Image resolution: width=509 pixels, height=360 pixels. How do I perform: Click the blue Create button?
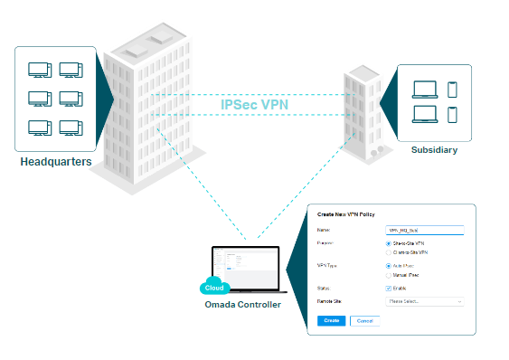(x=330, y=320)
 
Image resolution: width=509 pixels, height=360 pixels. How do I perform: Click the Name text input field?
(x=424, y=231)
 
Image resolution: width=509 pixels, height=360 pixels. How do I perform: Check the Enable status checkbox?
(x=389, y=288)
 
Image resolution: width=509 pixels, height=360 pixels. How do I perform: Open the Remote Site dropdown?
(x=424, y=300)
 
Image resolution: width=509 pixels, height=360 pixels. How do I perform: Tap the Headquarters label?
(x=55, y=162)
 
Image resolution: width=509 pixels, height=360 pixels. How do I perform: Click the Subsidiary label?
(x=433, y=149)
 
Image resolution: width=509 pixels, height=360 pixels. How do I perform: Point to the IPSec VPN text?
(x=254, y=104)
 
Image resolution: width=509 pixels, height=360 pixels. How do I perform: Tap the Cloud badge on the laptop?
(x=215, y=287)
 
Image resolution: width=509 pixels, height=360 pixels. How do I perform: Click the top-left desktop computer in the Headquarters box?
(x=40, y=70)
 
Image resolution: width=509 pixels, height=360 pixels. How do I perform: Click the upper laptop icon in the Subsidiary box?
(x=424, y=90)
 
